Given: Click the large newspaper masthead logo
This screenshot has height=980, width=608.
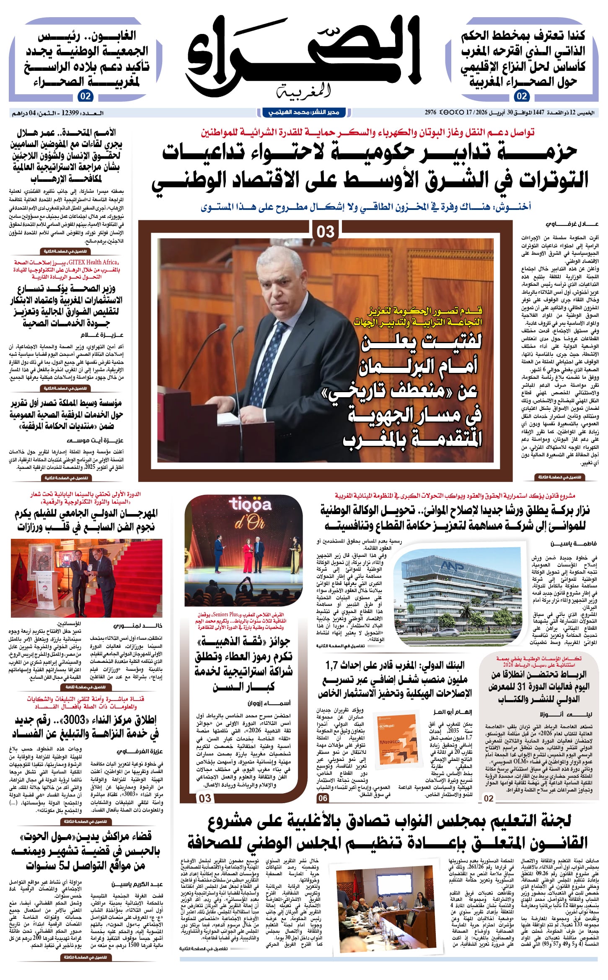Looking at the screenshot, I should pyautogui.click(x=304, y=57).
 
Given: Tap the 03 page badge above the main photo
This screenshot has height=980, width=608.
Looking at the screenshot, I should pyautogui.click(x=326, y=232).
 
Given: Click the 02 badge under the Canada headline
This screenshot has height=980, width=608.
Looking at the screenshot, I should pyautogui.click(x=522, y=96).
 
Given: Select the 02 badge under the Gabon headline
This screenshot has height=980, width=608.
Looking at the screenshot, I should pyautogui.click(x=85, y=96).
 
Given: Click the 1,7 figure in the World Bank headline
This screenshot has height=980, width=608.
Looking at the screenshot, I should pyautogui.click(x=332, y=665).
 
